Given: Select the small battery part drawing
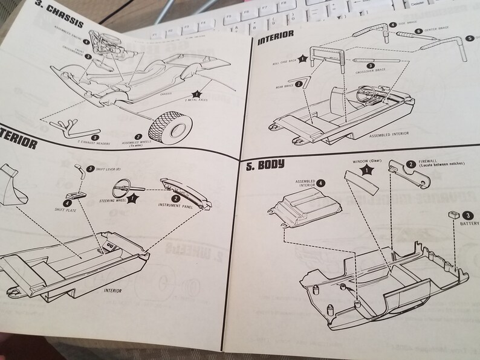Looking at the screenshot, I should (x=452, y=214).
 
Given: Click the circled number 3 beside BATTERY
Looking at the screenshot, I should (x=468, y=215).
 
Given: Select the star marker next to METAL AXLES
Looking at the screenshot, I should (x=196, y=94).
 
